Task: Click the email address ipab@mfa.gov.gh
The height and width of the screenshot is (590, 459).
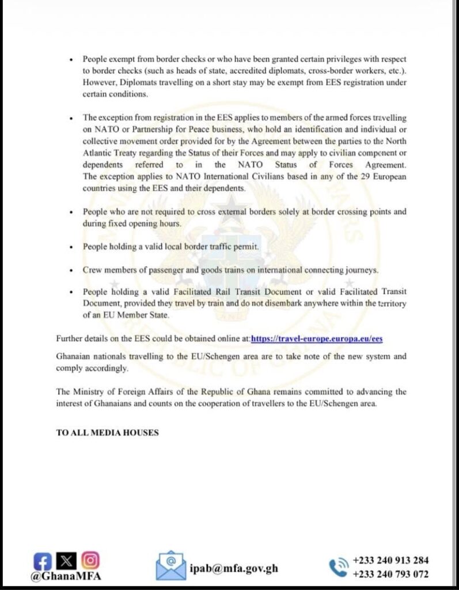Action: pyautogui.click(x=234, y=568)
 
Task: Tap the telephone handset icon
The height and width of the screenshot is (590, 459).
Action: pyautogui.click(x=338, y=567)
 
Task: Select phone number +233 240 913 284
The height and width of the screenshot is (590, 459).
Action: pyautogui.click(x=390, y=560)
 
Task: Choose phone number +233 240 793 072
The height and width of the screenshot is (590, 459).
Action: pyautogui.click(x=390, y=574)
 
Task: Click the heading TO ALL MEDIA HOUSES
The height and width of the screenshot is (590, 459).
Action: pyautogui.click(x=107, y=432)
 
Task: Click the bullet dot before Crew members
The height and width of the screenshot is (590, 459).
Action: pyautogui.click(x=70, y=270)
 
